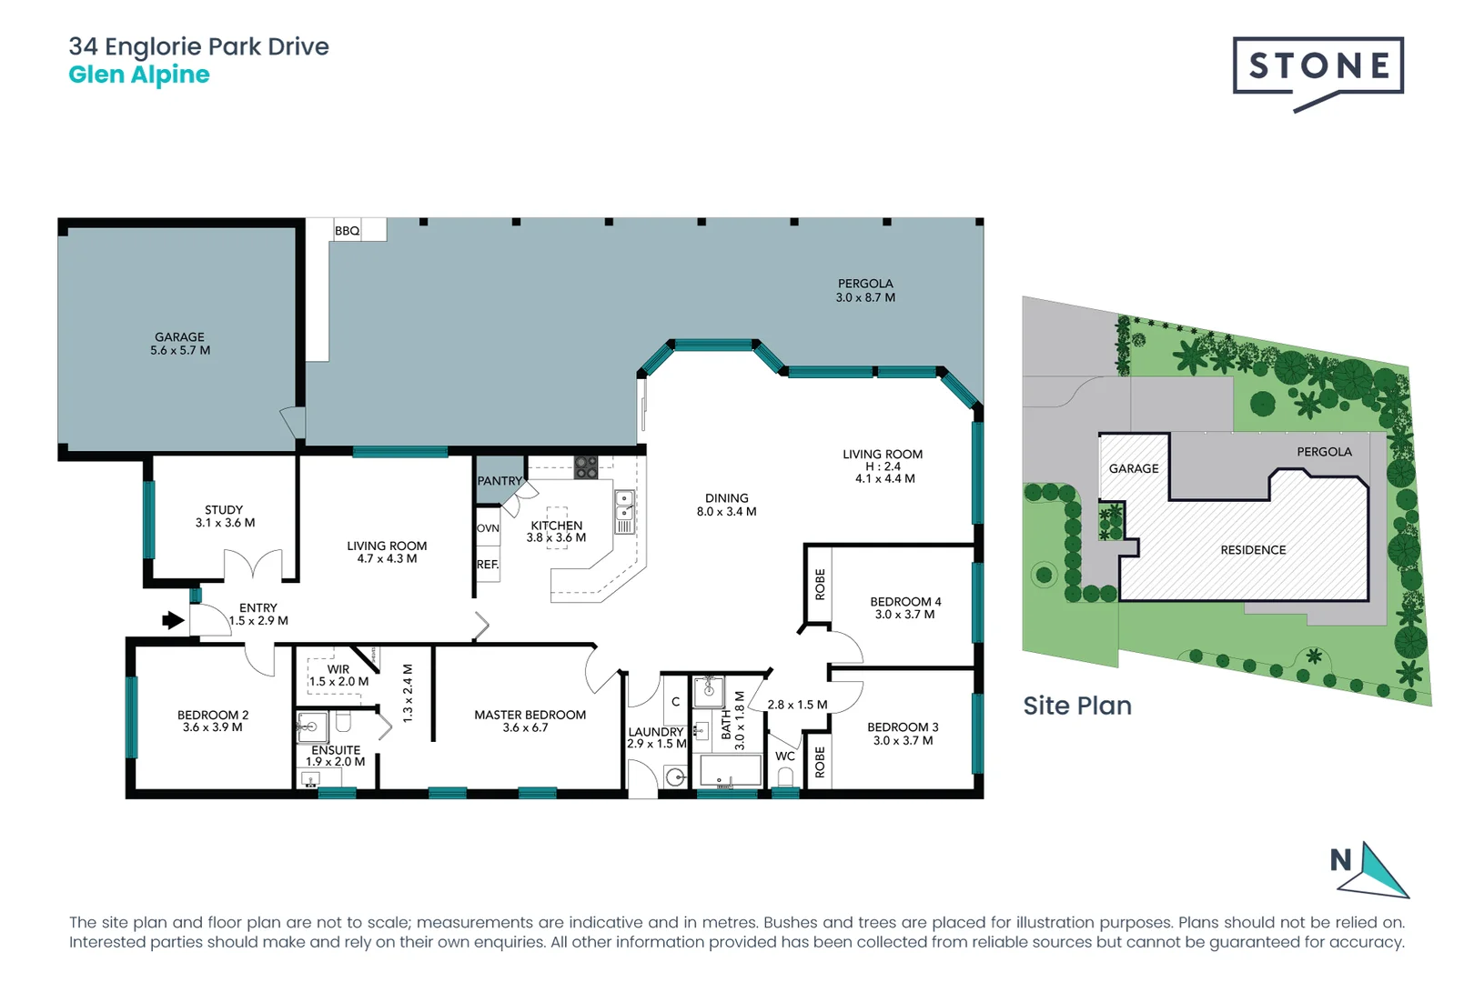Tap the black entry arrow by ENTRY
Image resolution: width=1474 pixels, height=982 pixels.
pyautogui.click(x=173, y=620)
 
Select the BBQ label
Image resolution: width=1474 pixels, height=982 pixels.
pyautogui.click(x=347, y=231)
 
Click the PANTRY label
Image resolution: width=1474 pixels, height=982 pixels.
pyautogui.click(x=500, y=481)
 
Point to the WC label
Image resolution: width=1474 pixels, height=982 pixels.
pyautogui.click(x=784, y=757)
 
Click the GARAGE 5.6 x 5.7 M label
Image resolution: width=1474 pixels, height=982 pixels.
pyautogui.click(x=180, y=344)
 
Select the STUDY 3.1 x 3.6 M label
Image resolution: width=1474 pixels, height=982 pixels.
pyautogui.click(x=225, y=516)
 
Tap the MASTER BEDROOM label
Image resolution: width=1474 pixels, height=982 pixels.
pyautogui.click(x=530, y=721)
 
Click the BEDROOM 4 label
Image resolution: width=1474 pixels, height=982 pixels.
pyautogui.click(x=904, y=607)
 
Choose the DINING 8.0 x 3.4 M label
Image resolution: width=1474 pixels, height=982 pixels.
pyautogui.click(x=726, y=505)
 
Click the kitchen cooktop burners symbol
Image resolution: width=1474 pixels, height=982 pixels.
pyautogui.click(x=586, y=467)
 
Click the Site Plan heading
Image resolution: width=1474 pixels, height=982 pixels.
pyautogui.click(x=1077, y=706)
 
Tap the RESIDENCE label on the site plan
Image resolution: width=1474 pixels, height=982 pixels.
pyautogui.click(x=1253, y=550)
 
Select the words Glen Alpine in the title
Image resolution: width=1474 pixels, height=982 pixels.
pyautogui.click(x=139, y=75)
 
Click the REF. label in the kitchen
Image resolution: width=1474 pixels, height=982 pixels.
pyautogui.click(x=488, y=565)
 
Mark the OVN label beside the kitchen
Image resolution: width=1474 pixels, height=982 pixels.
pyautogui.click(x=488, y=528)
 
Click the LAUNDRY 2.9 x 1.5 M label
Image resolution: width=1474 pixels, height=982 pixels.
pyautogui.click(x=656, y=737)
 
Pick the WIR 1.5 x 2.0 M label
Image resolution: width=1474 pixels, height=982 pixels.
pyautogui.click(x=338, y=675)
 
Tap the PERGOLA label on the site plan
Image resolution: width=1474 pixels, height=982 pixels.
pyautogui.click(x=1324, y=452)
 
